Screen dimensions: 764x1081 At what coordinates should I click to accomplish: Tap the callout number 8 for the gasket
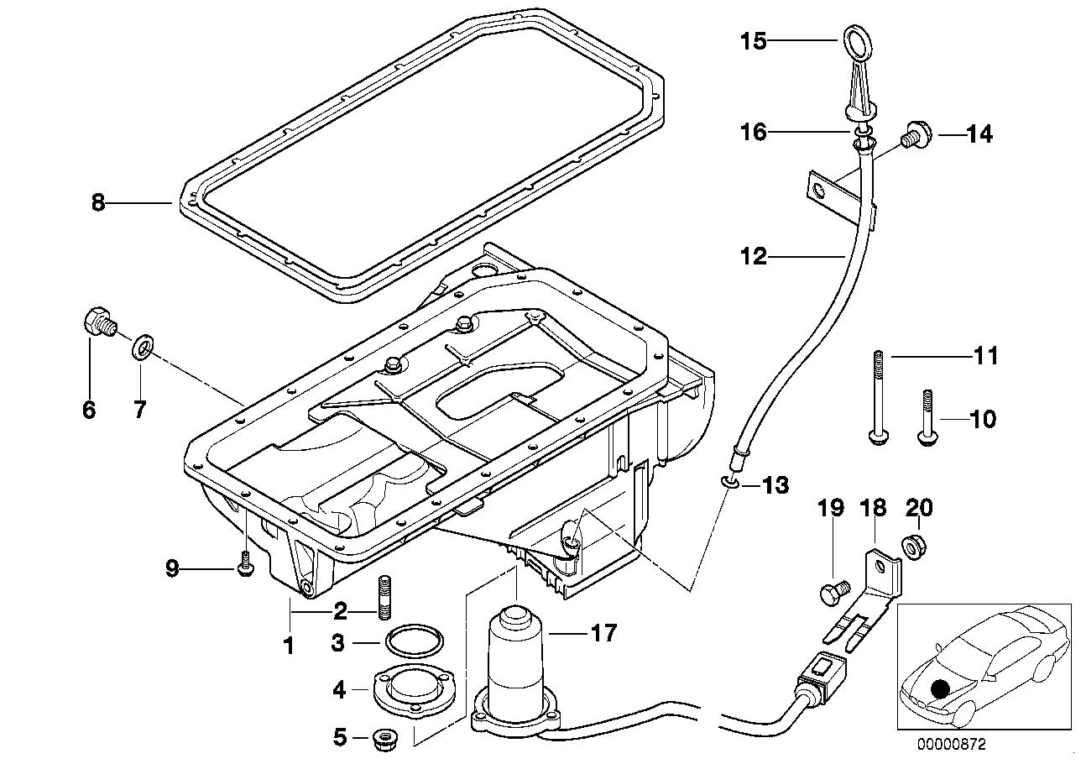[x=98, y=203]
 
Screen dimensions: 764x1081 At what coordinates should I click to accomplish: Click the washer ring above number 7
[x=141, y=345]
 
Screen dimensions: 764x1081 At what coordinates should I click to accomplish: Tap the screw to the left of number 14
[x=912, y=135]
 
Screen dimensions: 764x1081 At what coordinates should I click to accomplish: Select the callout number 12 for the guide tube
[x=754, y=255]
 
